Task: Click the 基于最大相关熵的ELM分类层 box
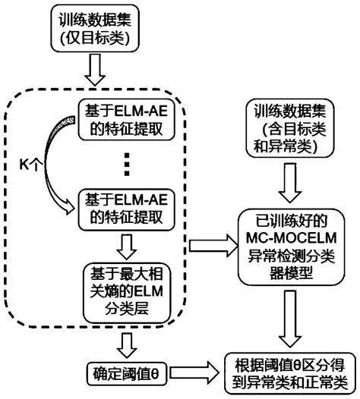[x=126, y=291]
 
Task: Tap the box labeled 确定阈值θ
[x=127, y=372]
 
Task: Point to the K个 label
[x=31, y=163]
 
